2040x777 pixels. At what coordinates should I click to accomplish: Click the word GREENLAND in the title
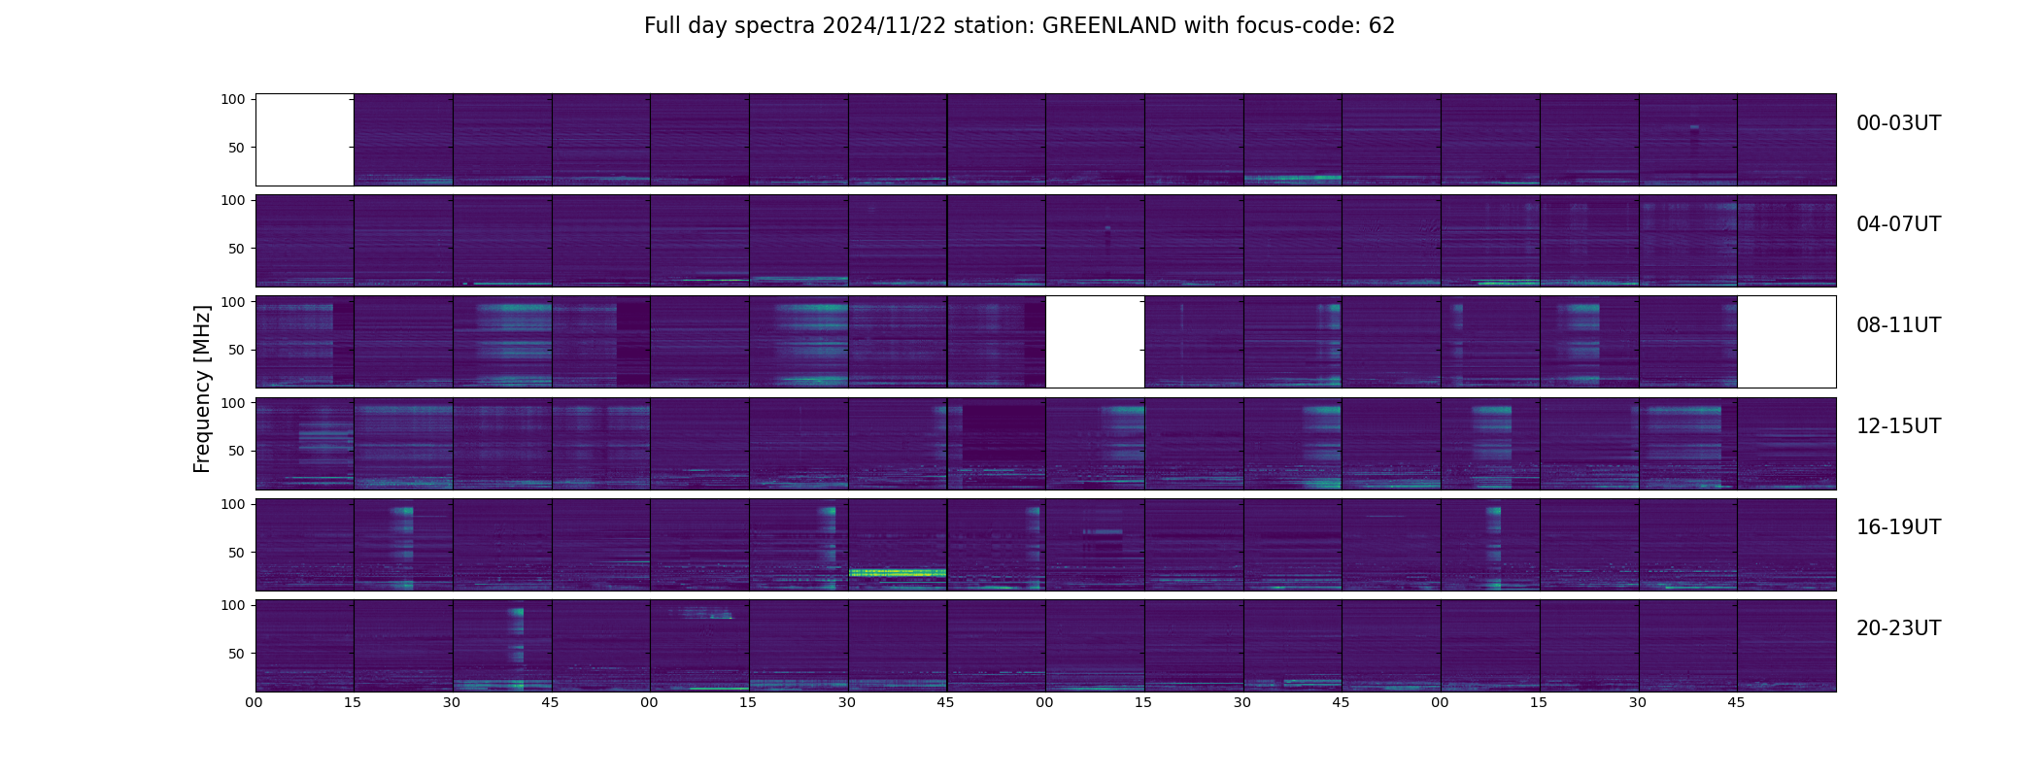coord(1108,26)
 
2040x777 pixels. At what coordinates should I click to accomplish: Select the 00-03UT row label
coord(1898,123)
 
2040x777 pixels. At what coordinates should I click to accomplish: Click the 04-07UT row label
coord(1898,224)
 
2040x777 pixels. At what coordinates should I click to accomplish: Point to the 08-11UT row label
coord(1898,325)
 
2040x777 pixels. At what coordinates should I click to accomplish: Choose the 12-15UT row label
coord(1898,426)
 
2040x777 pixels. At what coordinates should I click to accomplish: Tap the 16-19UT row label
coord(1898,527)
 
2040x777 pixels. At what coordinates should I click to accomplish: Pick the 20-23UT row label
coord(1898,628)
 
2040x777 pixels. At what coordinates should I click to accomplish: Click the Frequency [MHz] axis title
coord(202,389)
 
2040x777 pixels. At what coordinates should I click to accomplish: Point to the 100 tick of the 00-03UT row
coord(234,99)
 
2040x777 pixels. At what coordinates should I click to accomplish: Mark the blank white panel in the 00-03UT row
coord(304,140)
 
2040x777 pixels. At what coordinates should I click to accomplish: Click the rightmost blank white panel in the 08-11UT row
coord(1786,342)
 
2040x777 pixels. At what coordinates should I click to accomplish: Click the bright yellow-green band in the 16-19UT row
coord(898,573)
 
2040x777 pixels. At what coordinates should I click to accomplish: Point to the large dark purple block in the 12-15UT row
coord(1003,434)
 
